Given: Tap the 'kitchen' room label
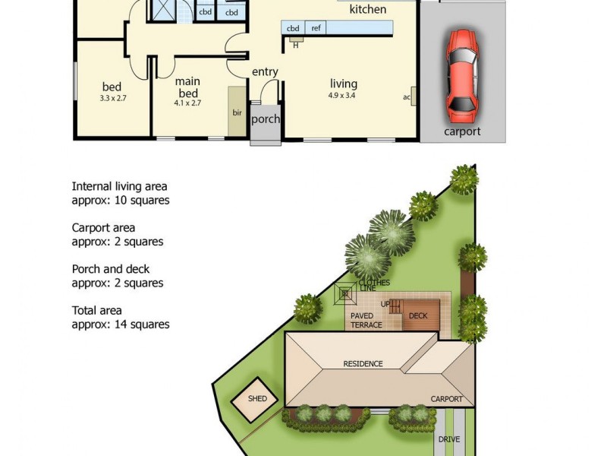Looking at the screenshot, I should point(367,10).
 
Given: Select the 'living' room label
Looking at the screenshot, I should point(343,84).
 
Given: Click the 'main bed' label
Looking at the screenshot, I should point(187,86).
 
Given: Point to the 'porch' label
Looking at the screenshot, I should point(266,119).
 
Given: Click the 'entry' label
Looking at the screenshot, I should point(265,71).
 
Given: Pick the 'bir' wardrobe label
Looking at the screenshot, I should point(237,112).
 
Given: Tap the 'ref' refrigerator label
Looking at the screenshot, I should point(316,28).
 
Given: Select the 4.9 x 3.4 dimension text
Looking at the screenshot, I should point(342,96).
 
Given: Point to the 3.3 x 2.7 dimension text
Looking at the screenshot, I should point(113,98).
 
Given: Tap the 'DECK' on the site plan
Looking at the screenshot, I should point(418,315).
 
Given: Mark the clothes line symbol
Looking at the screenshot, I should point(347,292).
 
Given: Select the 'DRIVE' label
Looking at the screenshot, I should point(448,439).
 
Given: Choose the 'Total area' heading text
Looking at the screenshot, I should point(96,311).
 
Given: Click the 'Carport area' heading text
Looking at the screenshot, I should point(103,227).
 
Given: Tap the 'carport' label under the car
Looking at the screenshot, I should point(461,131).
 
